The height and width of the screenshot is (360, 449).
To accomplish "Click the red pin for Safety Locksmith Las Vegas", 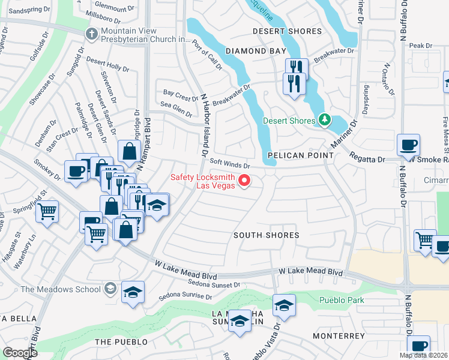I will pyautogui.click(x=244, y=180).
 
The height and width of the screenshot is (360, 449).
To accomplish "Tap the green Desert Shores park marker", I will pyautogui.click(x=324, y=121).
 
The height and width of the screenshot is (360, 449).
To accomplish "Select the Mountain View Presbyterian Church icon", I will pyautogui.click(x=92, y=34).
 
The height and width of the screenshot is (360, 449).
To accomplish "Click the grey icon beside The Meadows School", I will pyautogui.click(x=109, y=289).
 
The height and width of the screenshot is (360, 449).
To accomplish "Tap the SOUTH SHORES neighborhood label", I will pyautogui.click(x=267, y=235).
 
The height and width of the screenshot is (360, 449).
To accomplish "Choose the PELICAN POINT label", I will pyautogui.click(x=300, y=155).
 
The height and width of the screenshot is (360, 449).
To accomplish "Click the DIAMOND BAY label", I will pyautogui.click(x=256, y=52).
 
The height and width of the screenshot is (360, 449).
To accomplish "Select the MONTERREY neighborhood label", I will pyautogui.click(x=337, y=336).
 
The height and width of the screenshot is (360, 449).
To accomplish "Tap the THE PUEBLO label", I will pyautogui.click(x=121, y=342).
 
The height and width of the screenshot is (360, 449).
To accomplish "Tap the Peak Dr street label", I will pyautogui.click(x=420, y=46).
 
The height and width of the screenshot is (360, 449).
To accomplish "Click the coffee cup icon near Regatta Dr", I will pyautogui.click(x=408, y=145).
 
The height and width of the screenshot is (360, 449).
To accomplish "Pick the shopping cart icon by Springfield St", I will pyautogui.click(x=46, y=211).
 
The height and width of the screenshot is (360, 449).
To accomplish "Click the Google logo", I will pyautogui.click(x=19, y=352).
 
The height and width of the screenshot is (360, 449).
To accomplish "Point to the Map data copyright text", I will pyautogui.click(x=424, y=355).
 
